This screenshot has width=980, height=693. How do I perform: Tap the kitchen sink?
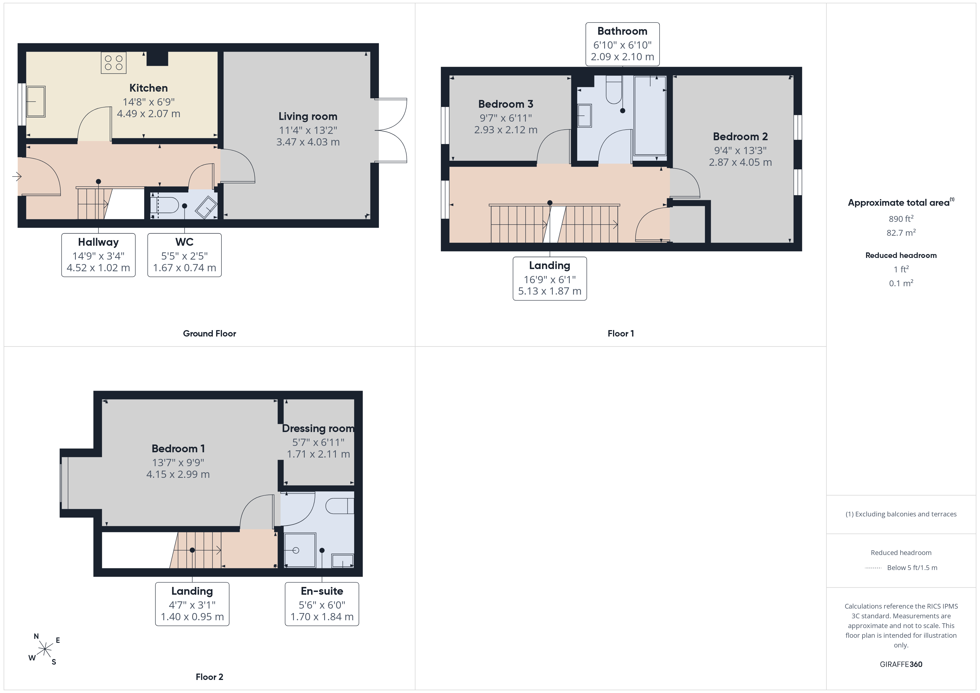(x=36, y=102)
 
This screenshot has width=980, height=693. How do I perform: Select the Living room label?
(x=308, y=117)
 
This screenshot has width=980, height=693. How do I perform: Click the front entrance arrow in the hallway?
(x=17, y=176)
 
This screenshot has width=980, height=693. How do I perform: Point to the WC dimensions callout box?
(x=184, y=255)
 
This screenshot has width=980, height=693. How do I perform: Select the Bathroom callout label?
(x=622, y=31)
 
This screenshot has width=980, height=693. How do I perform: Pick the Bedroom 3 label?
(x=506, y=104)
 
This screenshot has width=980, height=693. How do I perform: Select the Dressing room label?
(x=318, y=428)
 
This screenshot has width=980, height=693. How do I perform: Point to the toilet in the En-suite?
(x=340, y=506)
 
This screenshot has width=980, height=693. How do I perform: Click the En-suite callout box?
(x=322, y=604)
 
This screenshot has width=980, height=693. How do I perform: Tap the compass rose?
(x=45, y=649)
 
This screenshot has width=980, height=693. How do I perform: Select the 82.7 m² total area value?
(x=901, y=233)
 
